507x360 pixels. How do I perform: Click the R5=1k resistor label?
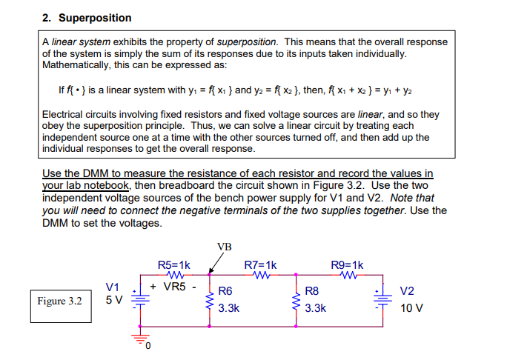(x=174, y=264)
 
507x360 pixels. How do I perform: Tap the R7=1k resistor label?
(x=260, y=264)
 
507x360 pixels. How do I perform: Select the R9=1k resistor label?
(x=347, y=264)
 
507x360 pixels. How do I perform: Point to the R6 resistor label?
(x=225, y=291)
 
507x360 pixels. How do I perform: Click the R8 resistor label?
(x=312, y=291)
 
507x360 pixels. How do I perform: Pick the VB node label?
(x=224, y=247)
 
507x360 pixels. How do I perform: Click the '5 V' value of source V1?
(x=113, y=301)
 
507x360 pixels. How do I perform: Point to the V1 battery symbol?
(x=136, y=299)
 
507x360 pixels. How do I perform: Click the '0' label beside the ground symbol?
(x=148, y=345)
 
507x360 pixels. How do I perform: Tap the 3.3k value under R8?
(x=316, y=307)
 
